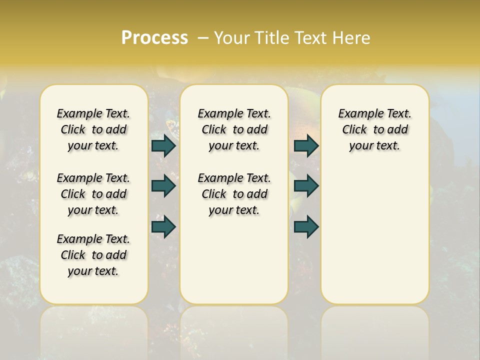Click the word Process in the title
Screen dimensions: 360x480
pyautogui.click(x=154, y=38)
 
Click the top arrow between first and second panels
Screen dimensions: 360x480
pyautogui.click(x=163, y=146)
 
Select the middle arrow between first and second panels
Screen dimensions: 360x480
pyautogui.click(x=163, y=186)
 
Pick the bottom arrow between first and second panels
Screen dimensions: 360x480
pyautogui.click(x=163, y=226)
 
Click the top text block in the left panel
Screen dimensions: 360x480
pyautogui.click(x=93, y=129)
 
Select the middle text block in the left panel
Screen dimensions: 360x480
pyautogui.click(x=93, y=194)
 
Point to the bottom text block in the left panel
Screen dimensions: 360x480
pyautogui.click(x=93, y=255)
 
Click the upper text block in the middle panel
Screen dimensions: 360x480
pyautogui.click(x=234, y=129)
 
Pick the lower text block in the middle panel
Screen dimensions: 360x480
pyautogui.click(x=234, y=194)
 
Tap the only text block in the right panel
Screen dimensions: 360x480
pyautogui.click(x=374, y=129)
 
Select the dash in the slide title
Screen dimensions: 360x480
pyautogui.click(x=203, y=38)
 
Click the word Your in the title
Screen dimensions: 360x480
pyautogui.click(x=230, y=38)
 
